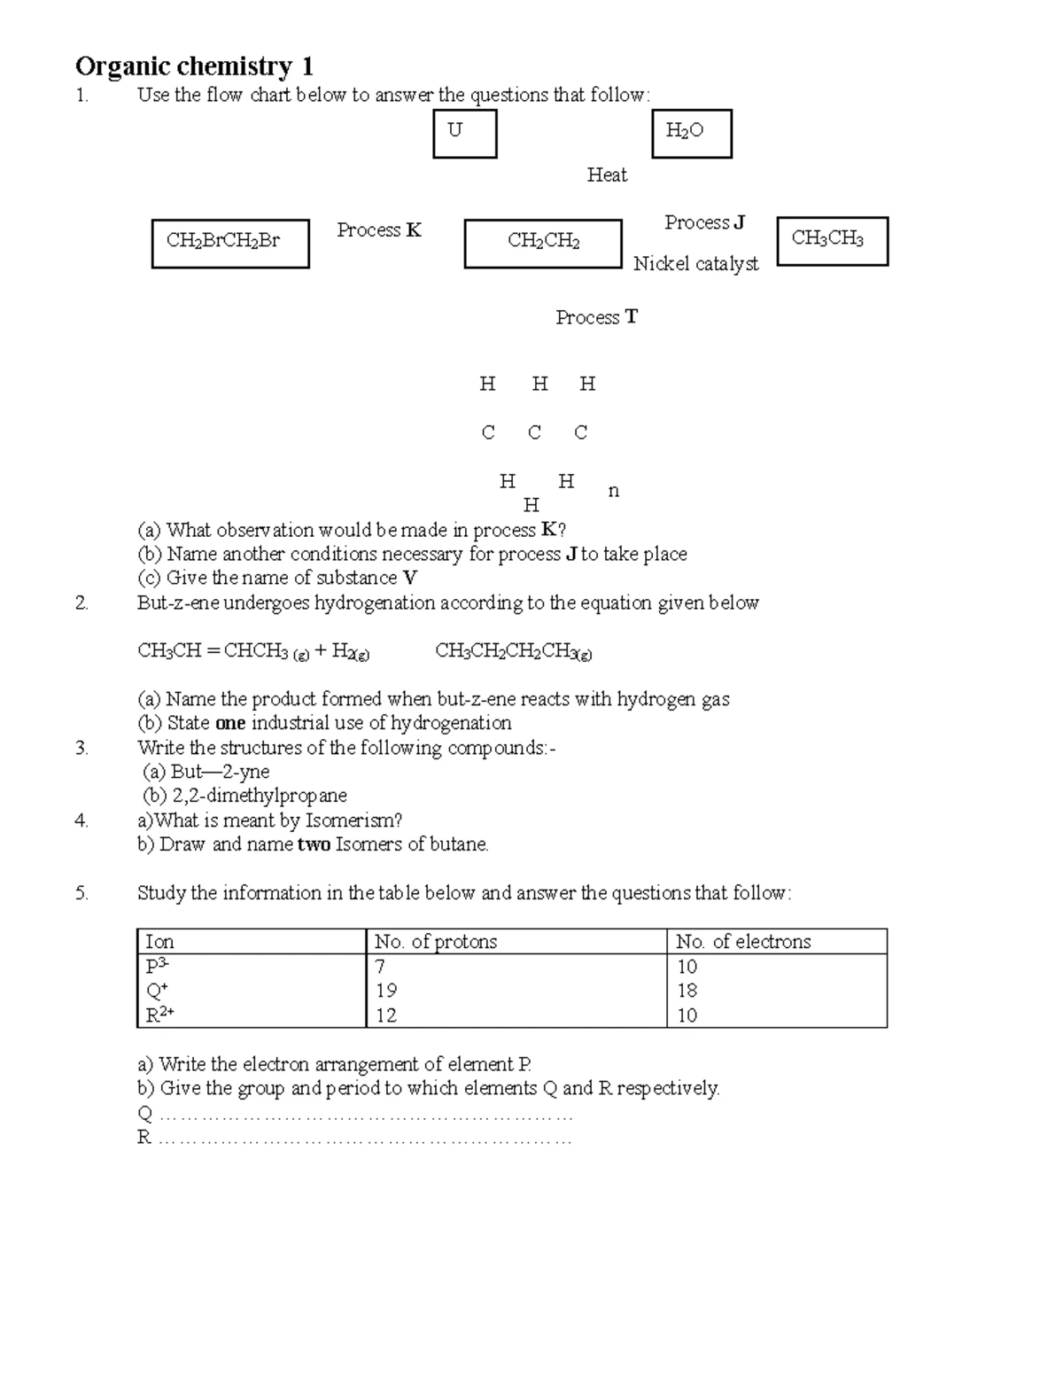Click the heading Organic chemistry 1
coord(194,66)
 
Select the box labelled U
coord(464,134)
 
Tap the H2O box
coord(691,134)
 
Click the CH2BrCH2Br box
coord(230,244)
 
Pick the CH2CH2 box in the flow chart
coord(542,244)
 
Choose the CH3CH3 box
coord(831,241)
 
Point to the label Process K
coord(378,230)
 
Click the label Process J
coord(704,222)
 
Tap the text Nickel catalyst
coord(695,264)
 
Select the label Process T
coord(596,317)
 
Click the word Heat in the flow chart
coord(607,175)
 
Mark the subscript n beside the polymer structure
coord(614,491)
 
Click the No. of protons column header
coord(435,942)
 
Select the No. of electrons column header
coord(742,942)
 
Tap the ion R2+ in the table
coord(159,1015)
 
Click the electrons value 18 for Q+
coord(687,991)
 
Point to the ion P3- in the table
coord(157,966)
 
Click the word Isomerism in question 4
coord(353,820)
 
